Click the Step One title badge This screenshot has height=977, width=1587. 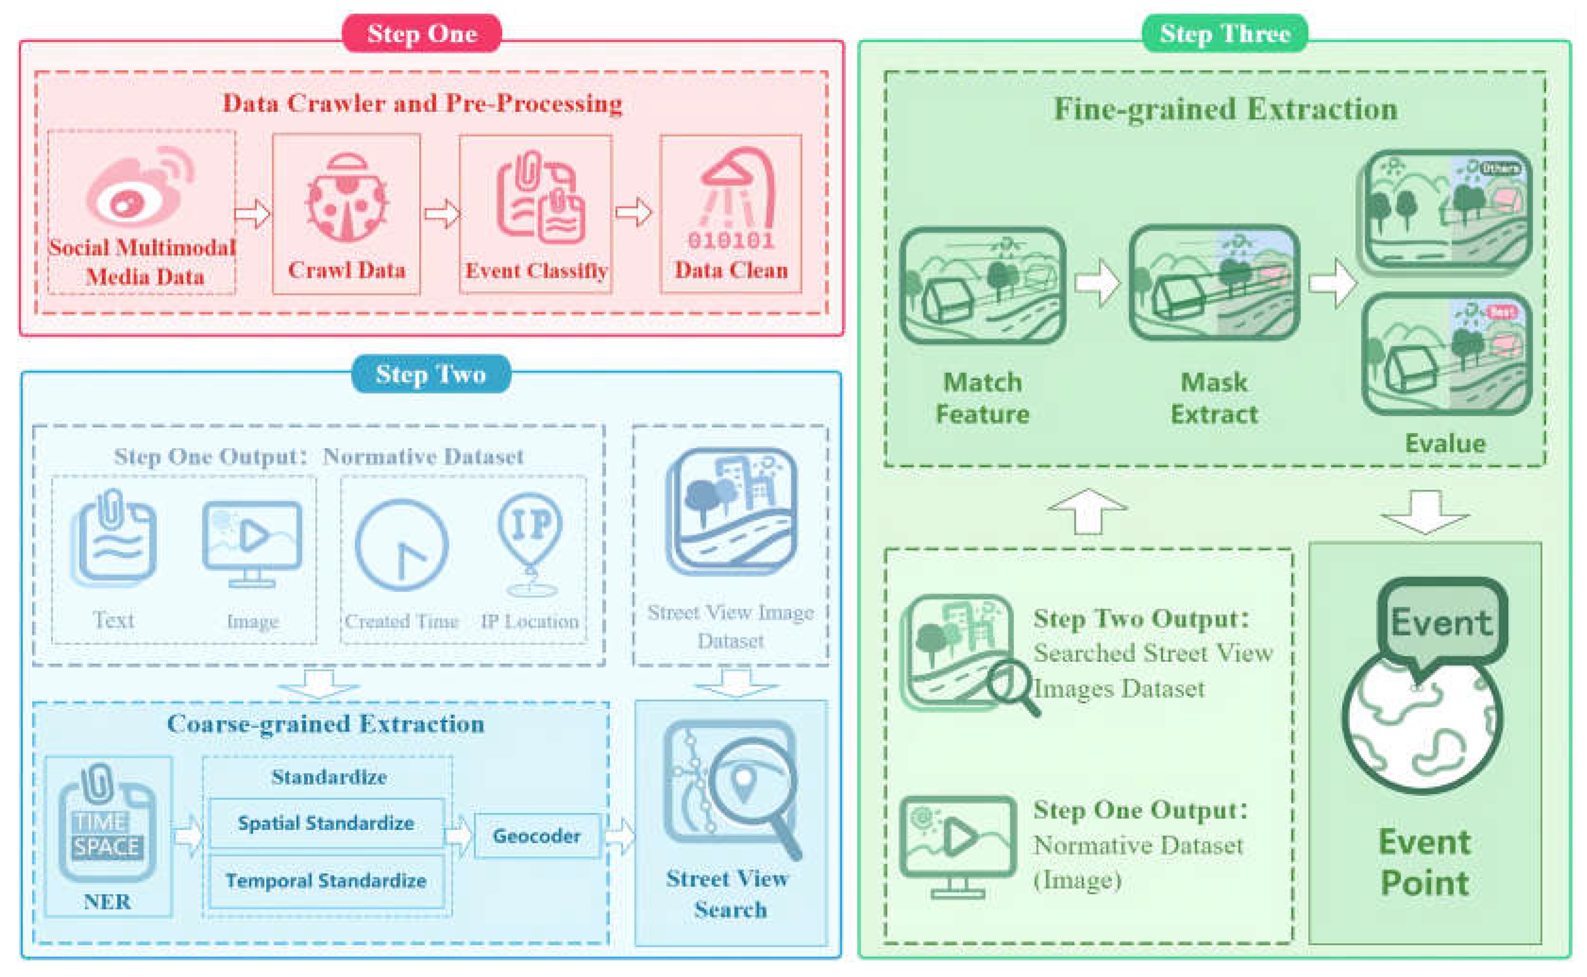pyautogui.click(x=421, y=33)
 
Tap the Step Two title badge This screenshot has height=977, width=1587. pyautogui.click(x=430, y=374)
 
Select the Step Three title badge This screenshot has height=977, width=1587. pyautogui.click(x=1225, y=33)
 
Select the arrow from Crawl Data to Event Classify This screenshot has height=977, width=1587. pyautogui.click(x=442, y=214)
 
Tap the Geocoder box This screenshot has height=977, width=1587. pyautogui.click(x=537, y=836)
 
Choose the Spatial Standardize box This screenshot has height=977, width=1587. pyautogui.click(x=326, y=823)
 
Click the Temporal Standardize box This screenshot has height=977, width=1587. pyautogui.click(x=326, y=881)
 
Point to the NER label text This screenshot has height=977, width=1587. pyautogui.click(x=107, y=902)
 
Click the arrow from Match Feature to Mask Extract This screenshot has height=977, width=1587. pyautogui.click(x=1097, y=283)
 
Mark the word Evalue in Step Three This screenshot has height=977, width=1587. pyautogui.click(x=1445, y=443)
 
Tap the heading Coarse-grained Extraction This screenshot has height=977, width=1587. pyautogui.click(x=326, y=724)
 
